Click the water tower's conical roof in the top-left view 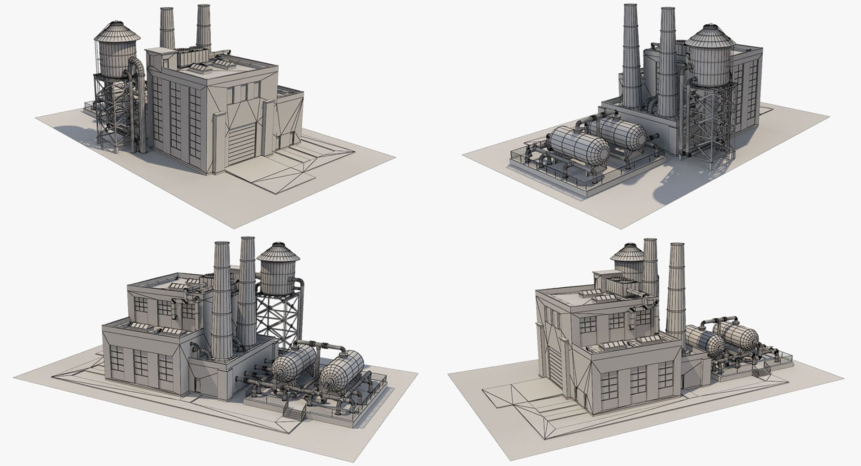click(x=117, y=30)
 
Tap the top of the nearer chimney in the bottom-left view click(x=222, y=245)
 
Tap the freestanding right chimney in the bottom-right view click(x=676, y=292)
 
